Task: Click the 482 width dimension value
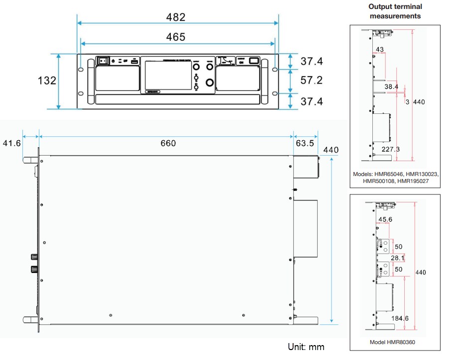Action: [x=176, y=17]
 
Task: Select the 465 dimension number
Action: [x=176, y=37]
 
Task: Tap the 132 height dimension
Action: [x=47, y=81]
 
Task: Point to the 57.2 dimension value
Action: [x=312, y=80]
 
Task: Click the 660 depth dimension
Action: [x=168, y=143]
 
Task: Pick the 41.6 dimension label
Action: [x=12, y=143]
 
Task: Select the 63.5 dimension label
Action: [x=305, y=143]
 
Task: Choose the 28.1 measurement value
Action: [x=398, y=258]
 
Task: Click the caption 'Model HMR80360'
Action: [x=392, y=343]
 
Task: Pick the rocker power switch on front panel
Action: [x=103, y=61]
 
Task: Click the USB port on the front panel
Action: [x=134, y=61]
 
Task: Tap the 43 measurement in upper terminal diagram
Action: [x=380, y=49]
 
